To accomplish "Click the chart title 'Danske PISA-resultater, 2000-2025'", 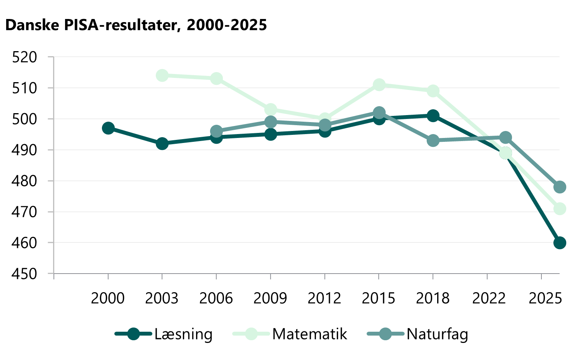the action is point(136,25).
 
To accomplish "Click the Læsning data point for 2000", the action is point(108,128).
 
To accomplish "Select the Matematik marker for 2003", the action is point(162,76).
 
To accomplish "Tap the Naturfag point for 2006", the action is point(216,131).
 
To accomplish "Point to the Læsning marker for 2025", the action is point(560,243).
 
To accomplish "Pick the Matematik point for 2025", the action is point(560,209).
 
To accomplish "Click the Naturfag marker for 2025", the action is point(560,187).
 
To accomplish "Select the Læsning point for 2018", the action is point(433,116).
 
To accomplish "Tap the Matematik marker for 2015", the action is point(379,85).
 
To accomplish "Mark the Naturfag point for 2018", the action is point(433,141).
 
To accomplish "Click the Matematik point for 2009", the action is point(271,110).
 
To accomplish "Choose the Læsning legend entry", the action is point(164,334).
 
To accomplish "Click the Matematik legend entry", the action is point(290,334).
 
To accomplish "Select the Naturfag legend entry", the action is point(418,334).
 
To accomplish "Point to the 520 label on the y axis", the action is point(24,57).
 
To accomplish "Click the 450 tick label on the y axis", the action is point(24,274).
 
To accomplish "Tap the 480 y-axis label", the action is point(24,181).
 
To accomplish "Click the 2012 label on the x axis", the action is point(324,298).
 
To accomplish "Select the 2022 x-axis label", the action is point(489,298).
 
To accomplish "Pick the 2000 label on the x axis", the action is point(108,298).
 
